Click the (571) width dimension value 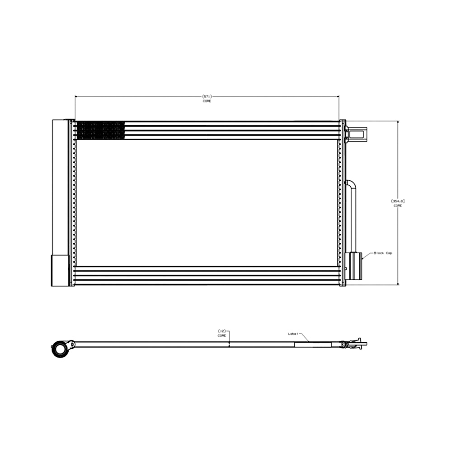click(x=207, y=96)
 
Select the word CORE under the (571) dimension click(x=207, y=101)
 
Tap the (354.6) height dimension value click(x=397, y=201)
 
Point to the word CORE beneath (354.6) click(x=397, y=206)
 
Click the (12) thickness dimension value click(x=221, y=331)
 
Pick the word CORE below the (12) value click(x=221, y=336)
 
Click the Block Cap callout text click(x=383, y=253)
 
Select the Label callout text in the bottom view click(x=293, y=334)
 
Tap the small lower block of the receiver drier click(x=60, y=270)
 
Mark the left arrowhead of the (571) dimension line click(x=76, y=96)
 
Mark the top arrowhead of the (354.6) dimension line click(x=398, y=122)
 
